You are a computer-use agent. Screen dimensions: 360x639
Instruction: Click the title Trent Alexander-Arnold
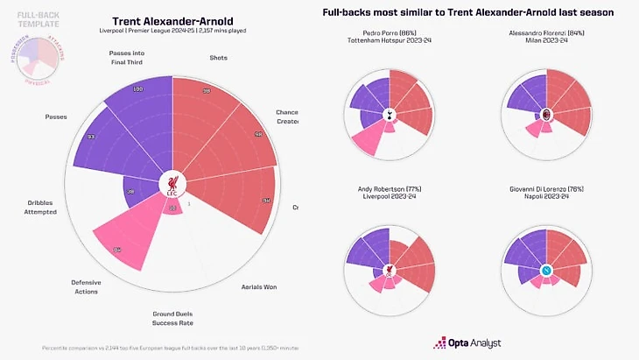(x=172, y=20)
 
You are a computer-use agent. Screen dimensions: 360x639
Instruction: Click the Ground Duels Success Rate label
(x=172, y=317)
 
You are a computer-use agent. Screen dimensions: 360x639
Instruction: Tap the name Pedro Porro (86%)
(x=390, y=33)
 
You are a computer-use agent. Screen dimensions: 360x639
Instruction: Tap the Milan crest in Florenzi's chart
(x=547, y=114)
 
